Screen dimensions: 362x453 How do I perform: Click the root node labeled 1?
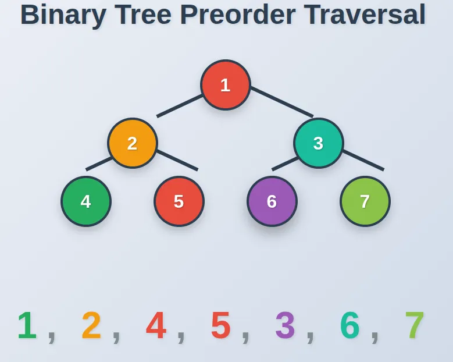[226, 85]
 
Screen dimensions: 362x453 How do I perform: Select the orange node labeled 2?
[133, 143]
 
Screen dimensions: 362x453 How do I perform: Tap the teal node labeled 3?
[319, 143]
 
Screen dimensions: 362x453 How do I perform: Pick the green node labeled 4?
[86, 201]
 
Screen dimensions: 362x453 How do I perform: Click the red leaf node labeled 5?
[179, 201]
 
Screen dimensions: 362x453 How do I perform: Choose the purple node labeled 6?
[272, 201]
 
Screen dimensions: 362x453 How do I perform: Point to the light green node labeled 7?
[365, 201]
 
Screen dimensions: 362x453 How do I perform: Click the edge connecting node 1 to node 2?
[180, 106]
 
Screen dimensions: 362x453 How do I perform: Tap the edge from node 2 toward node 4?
[98, 164]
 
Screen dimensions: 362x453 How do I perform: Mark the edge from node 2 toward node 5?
[177, 161]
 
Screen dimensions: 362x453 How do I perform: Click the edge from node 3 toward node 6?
[284, 164]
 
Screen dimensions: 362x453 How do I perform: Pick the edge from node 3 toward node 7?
[363, 161]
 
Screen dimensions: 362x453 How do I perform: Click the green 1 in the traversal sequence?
[27, 326]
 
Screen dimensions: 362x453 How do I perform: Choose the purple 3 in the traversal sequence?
[285, 326]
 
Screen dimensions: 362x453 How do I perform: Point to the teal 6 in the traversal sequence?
[349, 326]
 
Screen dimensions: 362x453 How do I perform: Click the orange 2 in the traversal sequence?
[91, 326]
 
